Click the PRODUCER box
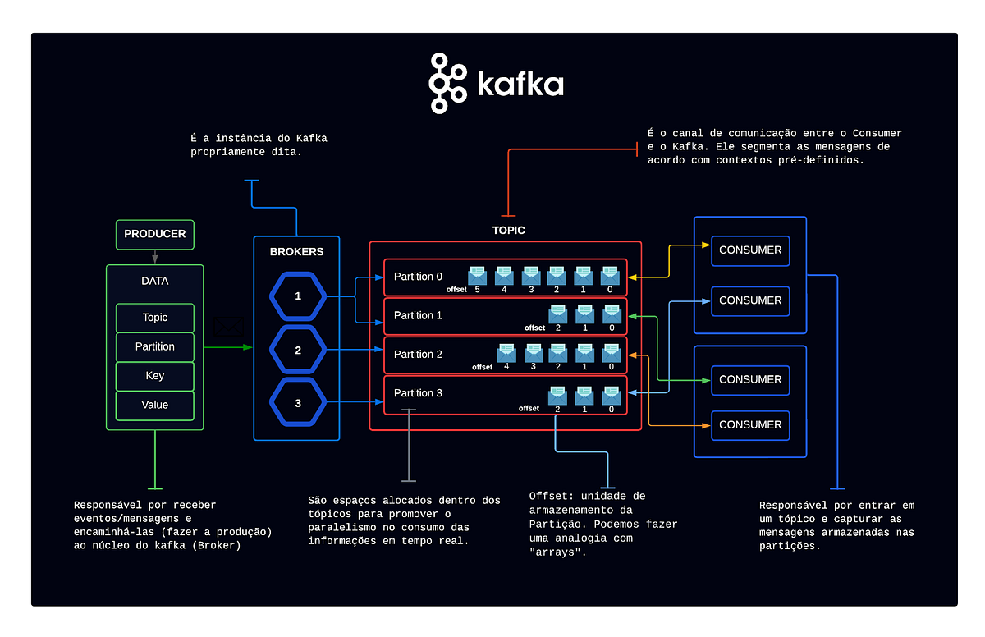(154, 234)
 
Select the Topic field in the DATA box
(154, 318)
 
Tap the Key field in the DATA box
(154, 376)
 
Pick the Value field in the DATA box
(154, 405)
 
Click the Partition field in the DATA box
(154, 346)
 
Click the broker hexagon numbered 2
(298, 351)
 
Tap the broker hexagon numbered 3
(298, 403)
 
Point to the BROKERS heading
(296, 252)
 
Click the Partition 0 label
(418, 277)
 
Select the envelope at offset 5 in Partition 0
(477, 275)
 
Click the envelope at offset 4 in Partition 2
(506, 352)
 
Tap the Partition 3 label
(418, 393)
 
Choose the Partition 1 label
(418, 315)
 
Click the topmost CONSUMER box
(750, 250)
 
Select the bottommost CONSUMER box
(750, 425)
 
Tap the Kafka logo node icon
(447, 83)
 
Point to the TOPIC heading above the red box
(508, 231)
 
